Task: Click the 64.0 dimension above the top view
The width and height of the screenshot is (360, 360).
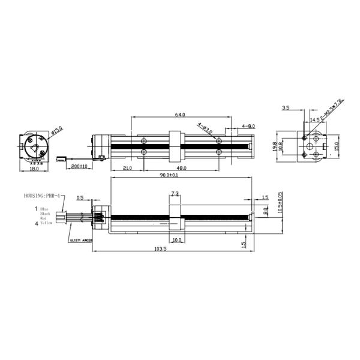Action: click(x=179, y=114)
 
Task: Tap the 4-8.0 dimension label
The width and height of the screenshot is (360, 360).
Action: click(x=248, y=126)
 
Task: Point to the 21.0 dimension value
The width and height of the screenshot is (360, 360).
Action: click(x=127, y=169)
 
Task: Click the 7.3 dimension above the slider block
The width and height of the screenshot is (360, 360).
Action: click(x=175, y=193)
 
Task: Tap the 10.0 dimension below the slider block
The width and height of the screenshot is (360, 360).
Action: click(x=177, y=239)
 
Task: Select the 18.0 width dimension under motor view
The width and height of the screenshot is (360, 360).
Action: click(x=34, y=169)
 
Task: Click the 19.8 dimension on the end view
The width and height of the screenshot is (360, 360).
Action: click(x=274, y=147)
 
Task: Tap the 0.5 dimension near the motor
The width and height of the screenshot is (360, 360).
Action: click(x=80, y=196)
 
